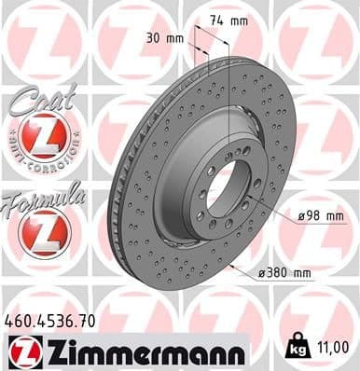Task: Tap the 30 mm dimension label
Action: (x=164, y=39)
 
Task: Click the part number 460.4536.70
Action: (x=51, y=321)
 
